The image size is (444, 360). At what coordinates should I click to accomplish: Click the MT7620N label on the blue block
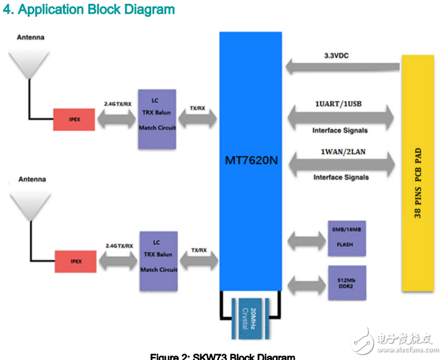(x=251, y=160)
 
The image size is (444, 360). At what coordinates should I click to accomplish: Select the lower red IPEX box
(x=75, y=260)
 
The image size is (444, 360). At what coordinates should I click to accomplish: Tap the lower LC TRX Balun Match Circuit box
(x=158, y=260)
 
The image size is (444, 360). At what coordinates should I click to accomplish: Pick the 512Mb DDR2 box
(x=346, y=283)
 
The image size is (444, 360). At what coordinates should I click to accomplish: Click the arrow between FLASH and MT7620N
(x=304, y=240)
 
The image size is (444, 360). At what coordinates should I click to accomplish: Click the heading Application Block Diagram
(x=89, y=10)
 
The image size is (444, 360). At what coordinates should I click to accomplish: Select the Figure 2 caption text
(x=222, y=356)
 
